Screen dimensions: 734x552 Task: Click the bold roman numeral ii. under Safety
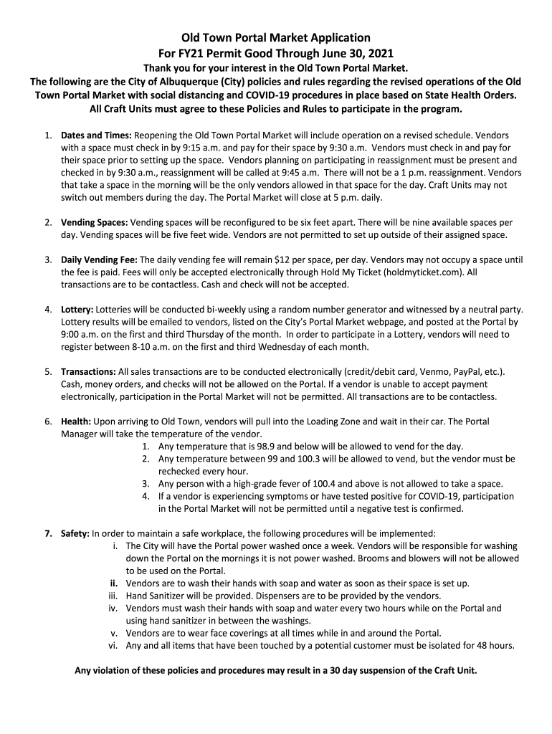(x=113, y=583)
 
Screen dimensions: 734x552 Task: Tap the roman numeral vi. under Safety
(x=113, y=645)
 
